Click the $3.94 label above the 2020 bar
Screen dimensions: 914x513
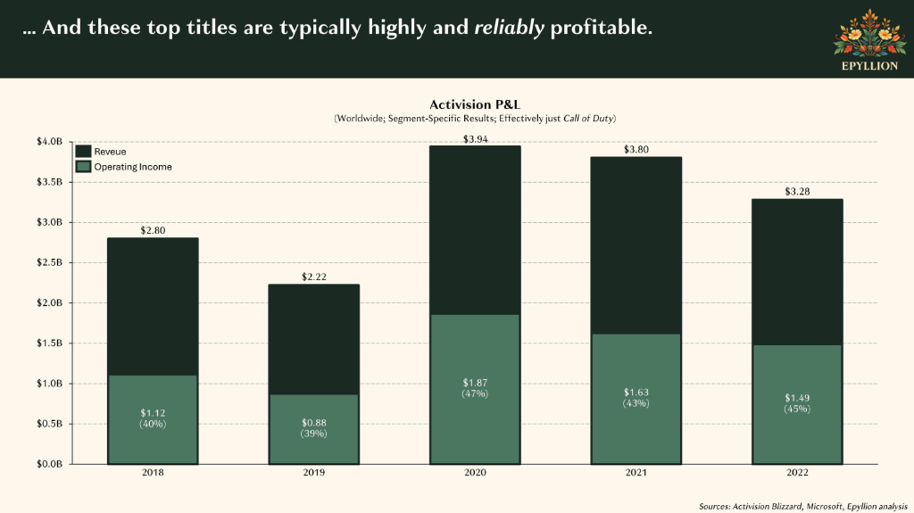[x=475, y=139]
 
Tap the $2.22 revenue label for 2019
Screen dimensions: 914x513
[x=313, y=277]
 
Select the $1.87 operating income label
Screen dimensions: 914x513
[x=475, y=383]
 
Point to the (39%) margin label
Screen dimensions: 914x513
[x=313, y=434]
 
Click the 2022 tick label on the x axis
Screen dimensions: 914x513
[x=797, y=472]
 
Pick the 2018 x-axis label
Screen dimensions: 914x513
[x=153, y=472]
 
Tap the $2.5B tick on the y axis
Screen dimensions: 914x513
[x=50, y=262]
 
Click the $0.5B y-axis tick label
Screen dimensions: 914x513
[x=50, y=423]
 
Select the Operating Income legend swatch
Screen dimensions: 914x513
[x=83, y=167]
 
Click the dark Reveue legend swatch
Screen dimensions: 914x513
[x=83, y=151]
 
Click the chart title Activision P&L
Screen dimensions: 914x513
[x=475, y=105]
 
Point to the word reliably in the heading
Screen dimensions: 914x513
[x=509, y=27]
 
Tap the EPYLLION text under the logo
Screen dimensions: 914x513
[x=869, y=66]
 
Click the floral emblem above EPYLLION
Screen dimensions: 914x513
[x=869, y=33]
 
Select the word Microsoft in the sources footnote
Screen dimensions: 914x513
[x=824, y=507]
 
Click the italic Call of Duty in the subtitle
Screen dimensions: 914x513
[x=587, y=119]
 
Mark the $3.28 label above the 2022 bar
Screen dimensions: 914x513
[x=797, y=192]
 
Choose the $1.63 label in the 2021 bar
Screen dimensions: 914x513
[x=636, y=393]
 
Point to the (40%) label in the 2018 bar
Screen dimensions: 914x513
[x=153, y=424]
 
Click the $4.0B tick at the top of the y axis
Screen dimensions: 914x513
[x=50, y=142]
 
